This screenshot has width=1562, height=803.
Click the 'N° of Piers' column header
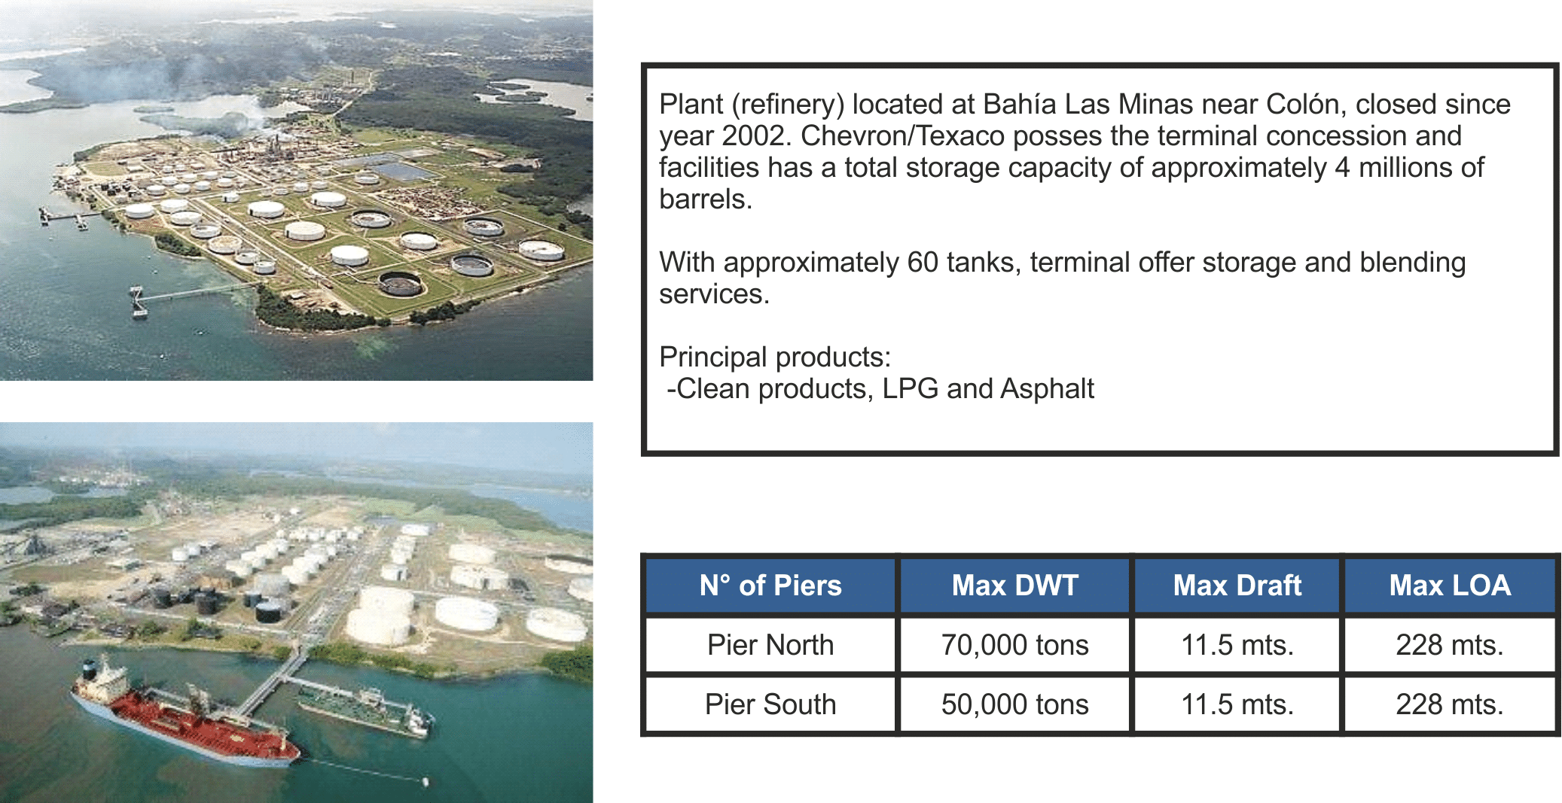point(770,586)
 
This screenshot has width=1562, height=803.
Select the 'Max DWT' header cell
point(1014,586)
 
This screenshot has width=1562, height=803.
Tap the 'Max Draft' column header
point(1237,586)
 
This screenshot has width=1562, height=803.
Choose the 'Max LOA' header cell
point(1450,586)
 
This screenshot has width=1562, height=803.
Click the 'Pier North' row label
point(770,645)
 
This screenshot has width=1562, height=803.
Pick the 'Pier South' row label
point(770,704)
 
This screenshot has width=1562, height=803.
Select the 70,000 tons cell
point(1014,645)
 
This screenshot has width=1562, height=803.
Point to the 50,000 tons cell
point(1014,704)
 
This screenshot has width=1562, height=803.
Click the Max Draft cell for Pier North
point(1237,645)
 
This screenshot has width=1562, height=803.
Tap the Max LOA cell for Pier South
point(1450,704)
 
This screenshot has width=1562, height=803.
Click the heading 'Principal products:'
point(775,357)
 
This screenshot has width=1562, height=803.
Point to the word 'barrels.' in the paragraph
point(706,199)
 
